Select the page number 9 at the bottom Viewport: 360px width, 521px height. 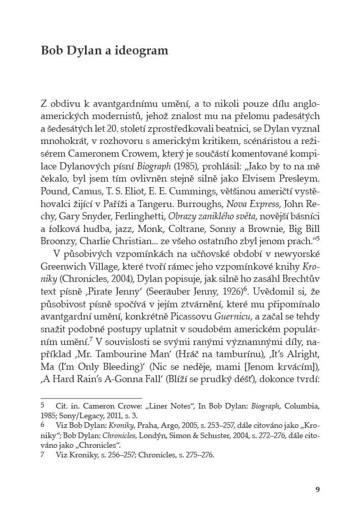tap(317, 490)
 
